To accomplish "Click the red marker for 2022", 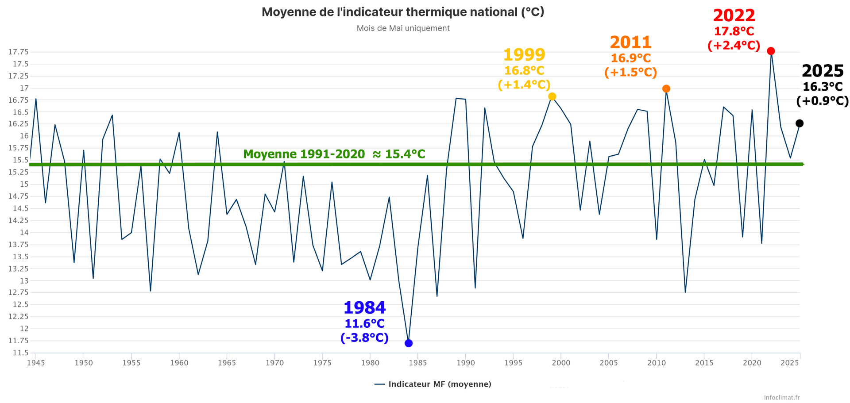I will click(x=771, y=51).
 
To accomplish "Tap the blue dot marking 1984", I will click(x=409, y=343).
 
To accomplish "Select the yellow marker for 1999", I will click(x=552, y=96).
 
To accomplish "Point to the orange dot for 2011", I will click(x=666, y=89).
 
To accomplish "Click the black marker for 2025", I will click(x=800, y=123).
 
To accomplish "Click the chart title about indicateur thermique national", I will click(x=403, y=12).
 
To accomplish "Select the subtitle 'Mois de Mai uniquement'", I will click(x=403, y=28).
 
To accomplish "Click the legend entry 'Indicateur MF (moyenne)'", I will click(x=439, y=384).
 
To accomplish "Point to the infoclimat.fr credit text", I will click(x=782, y=397).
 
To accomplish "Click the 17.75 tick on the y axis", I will click(x=18, y=52).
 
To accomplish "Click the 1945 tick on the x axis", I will click(x=36, y=363).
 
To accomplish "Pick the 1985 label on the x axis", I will click(x=418, y=363).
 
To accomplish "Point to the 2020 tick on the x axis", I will click(x=752, y=363).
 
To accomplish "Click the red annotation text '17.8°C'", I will click(x=734, y=31).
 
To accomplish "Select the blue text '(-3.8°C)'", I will click(x=364, y=338).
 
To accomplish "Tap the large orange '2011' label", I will click(x=630, y=42).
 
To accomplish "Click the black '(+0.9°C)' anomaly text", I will click(x=822, y=101).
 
